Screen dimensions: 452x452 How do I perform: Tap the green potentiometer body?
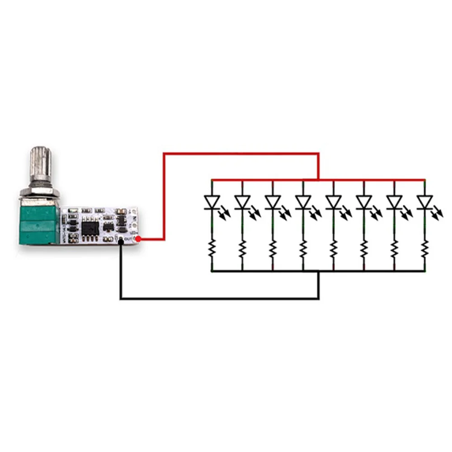coord(39,224)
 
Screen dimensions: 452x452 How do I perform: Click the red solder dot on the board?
coord(138,238)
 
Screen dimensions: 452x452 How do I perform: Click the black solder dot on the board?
coord(121,242)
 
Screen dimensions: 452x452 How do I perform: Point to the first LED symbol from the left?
coord(212,202)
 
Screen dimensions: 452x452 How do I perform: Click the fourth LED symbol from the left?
coord(303,202)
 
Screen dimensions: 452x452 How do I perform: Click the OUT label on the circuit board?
coord(127,238)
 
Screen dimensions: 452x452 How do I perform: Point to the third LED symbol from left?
coord(273,202)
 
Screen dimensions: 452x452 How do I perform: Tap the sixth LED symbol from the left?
coord(364,202)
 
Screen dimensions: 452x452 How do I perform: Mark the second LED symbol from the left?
coord(242,202)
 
